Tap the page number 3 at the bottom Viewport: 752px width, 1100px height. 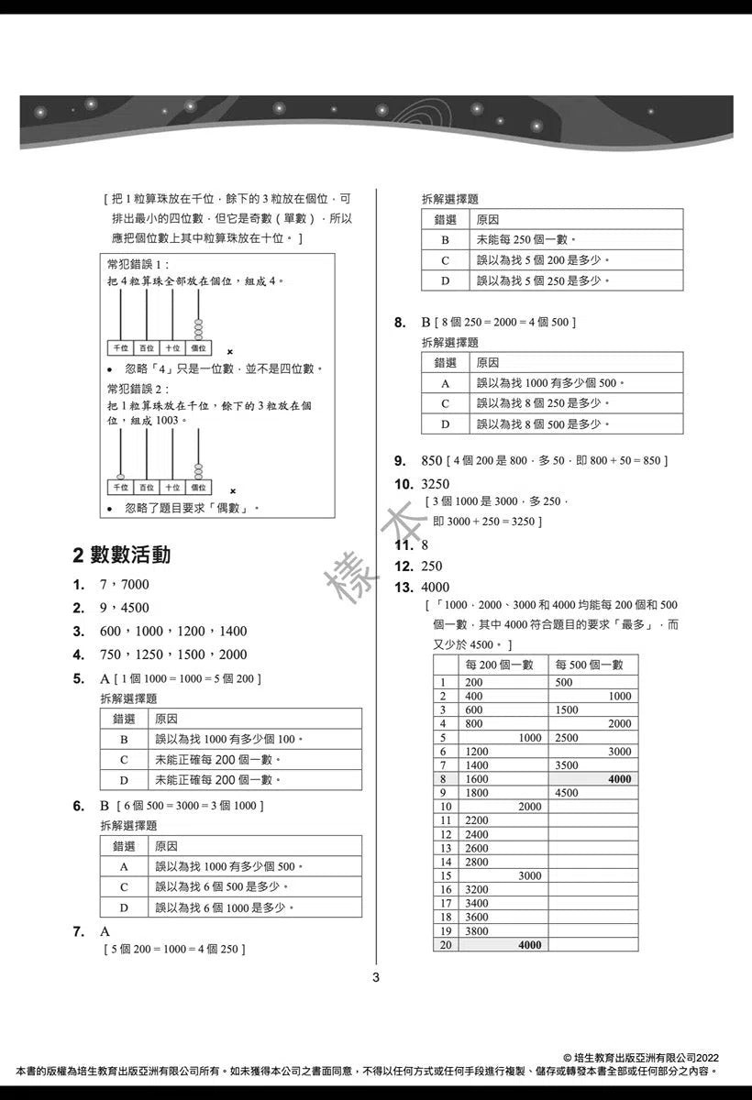[375, 977]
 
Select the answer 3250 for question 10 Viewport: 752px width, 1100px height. [435, 484]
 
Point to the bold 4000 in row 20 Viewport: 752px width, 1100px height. [529, 945]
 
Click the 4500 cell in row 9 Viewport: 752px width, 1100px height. [567, 793]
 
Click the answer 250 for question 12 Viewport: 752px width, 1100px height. [431, 566]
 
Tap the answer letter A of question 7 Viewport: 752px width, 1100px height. [105, 931]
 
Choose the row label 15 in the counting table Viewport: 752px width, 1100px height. [445, 876]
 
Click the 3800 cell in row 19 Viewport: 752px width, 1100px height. [477, 931]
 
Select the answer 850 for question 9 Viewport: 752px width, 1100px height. [431, 460]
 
